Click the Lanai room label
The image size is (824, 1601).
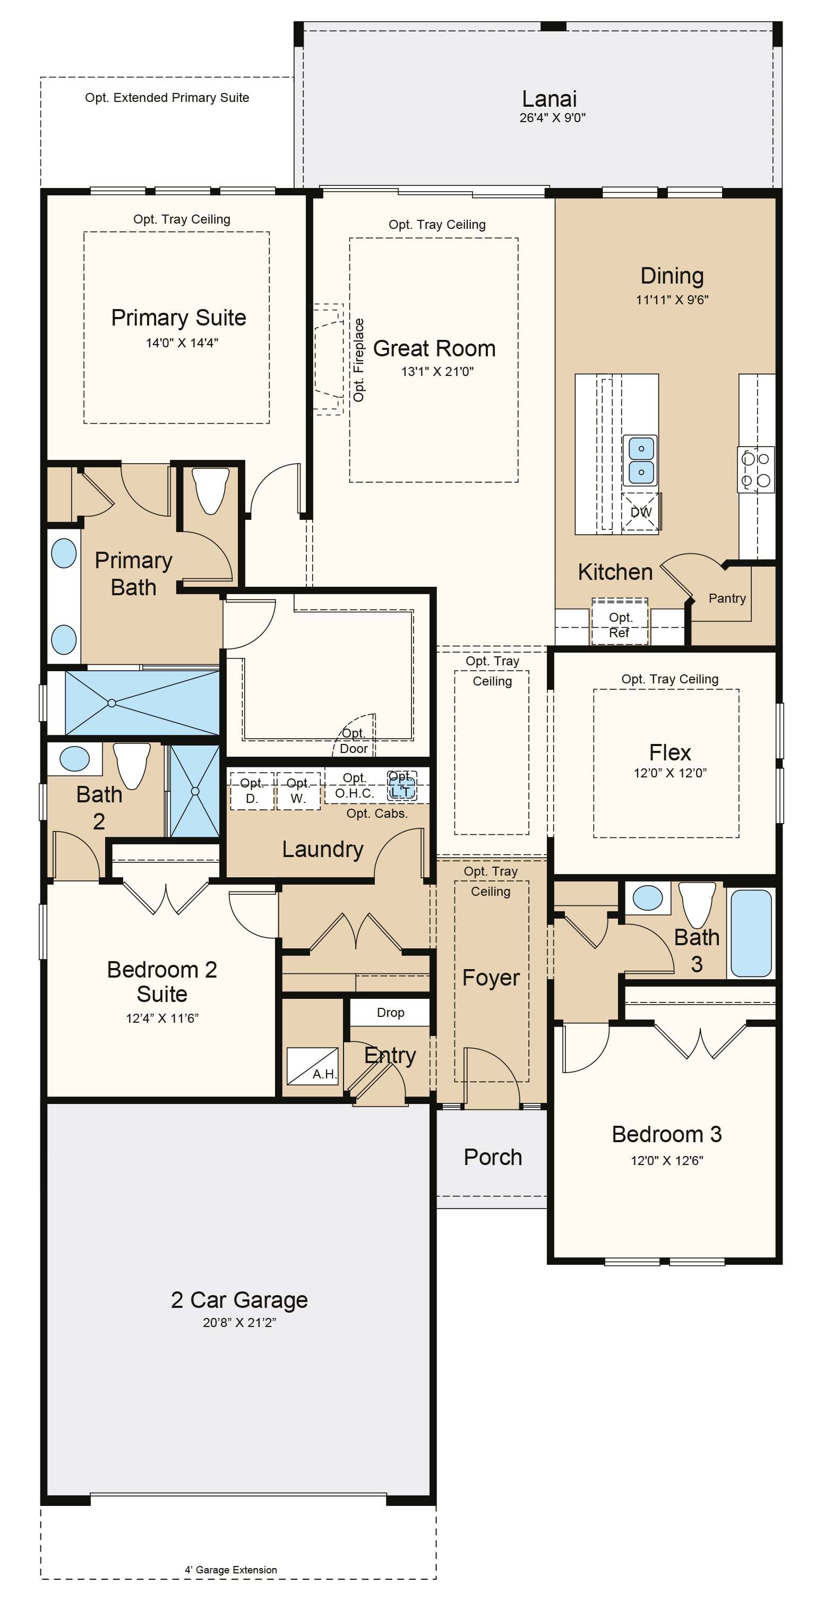tap(550, 99)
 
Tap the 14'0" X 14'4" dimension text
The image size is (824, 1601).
tap(182, 343)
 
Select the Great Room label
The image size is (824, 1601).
tap(434, 349)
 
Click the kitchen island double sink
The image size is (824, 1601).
tap(641, 460)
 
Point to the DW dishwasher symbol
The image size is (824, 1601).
tap(641, 512)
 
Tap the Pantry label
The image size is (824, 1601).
tap(727, 598)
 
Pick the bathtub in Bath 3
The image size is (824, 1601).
tap(751, 933)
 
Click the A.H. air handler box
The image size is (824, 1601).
tap(313, 1066)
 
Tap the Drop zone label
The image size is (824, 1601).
tap(390, 1013)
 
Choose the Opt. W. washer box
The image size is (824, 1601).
tap(298, 791)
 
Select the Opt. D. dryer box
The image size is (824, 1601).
tap(252, 791)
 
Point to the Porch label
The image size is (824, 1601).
tap(493, 1157)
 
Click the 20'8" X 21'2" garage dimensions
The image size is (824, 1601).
tap(239, 1323)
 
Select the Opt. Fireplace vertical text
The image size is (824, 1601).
tap(358, 360)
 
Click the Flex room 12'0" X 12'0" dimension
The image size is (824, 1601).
tap(670, 773)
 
